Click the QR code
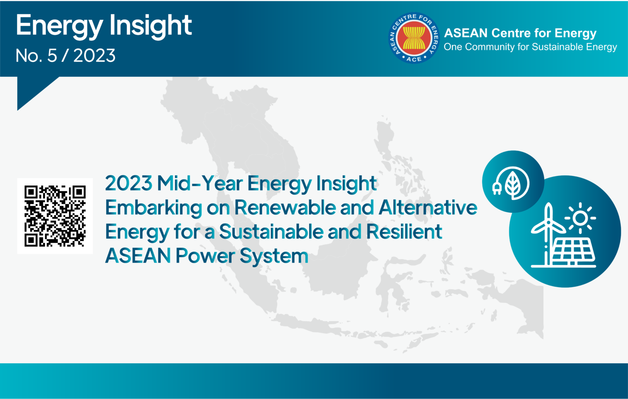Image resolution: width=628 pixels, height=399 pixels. (x=55, y=216)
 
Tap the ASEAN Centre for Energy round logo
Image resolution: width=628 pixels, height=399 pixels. (x=414, y=38)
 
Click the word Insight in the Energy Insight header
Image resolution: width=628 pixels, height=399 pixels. (x=150, y=26)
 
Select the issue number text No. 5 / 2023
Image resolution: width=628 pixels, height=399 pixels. (x=65, y=56)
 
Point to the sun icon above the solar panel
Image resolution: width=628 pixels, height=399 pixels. (x=580, y=218)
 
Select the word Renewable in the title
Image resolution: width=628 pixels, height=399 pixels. (x=285, y=207)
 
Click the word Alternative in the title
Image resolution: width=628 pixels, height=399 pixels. (x=428, y=207)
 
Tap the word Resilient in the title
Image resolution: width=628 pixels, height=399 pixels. (x=404, y=232)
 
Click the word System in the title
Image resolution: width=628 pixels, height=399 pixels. (x=274, y=256)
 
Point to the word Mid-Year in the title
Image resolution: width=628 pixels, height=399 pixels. (x=200, y=183)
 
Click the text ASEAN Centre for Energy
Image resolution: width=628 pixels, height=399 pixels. (x=520, y=33)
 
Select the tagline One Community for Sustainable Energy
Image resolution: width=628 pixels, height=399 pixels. (x=530, y=47)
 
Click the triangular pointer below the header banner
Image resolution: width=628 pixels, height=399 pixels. (x=33, y=89)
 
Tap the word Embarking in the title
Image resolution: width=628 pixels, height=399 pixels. (x=153, y=207)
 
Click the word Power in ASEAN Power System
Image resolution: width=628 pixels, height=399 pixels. (x=205, y=256)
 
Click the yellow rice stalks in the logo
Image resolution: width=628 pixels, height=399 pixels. (x=414, y=38)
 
